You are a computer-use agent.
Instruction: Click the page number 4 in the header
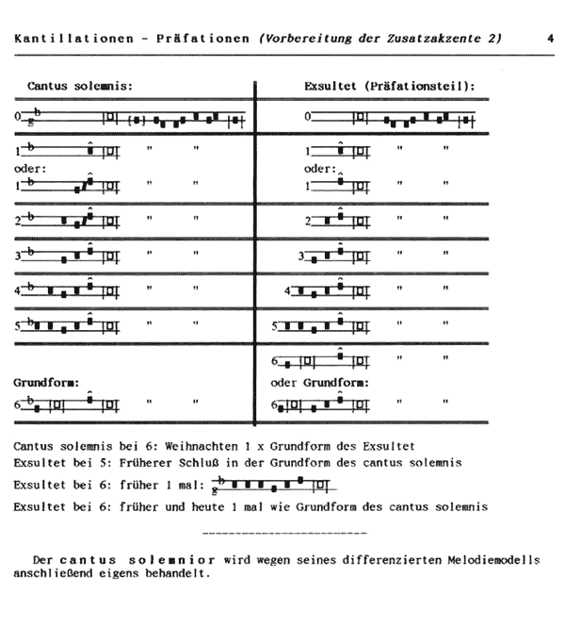549,39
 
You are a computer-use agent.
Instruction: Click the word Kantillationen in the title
57,39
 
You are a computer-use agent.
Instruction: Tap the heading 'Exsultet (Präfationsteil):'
389,87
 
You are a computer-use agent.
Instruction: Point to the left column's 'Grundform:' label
44,384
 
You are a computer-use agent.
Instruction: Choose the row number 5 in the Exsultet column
274,328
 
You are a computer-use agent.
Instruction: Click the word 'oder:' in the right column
320,169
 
